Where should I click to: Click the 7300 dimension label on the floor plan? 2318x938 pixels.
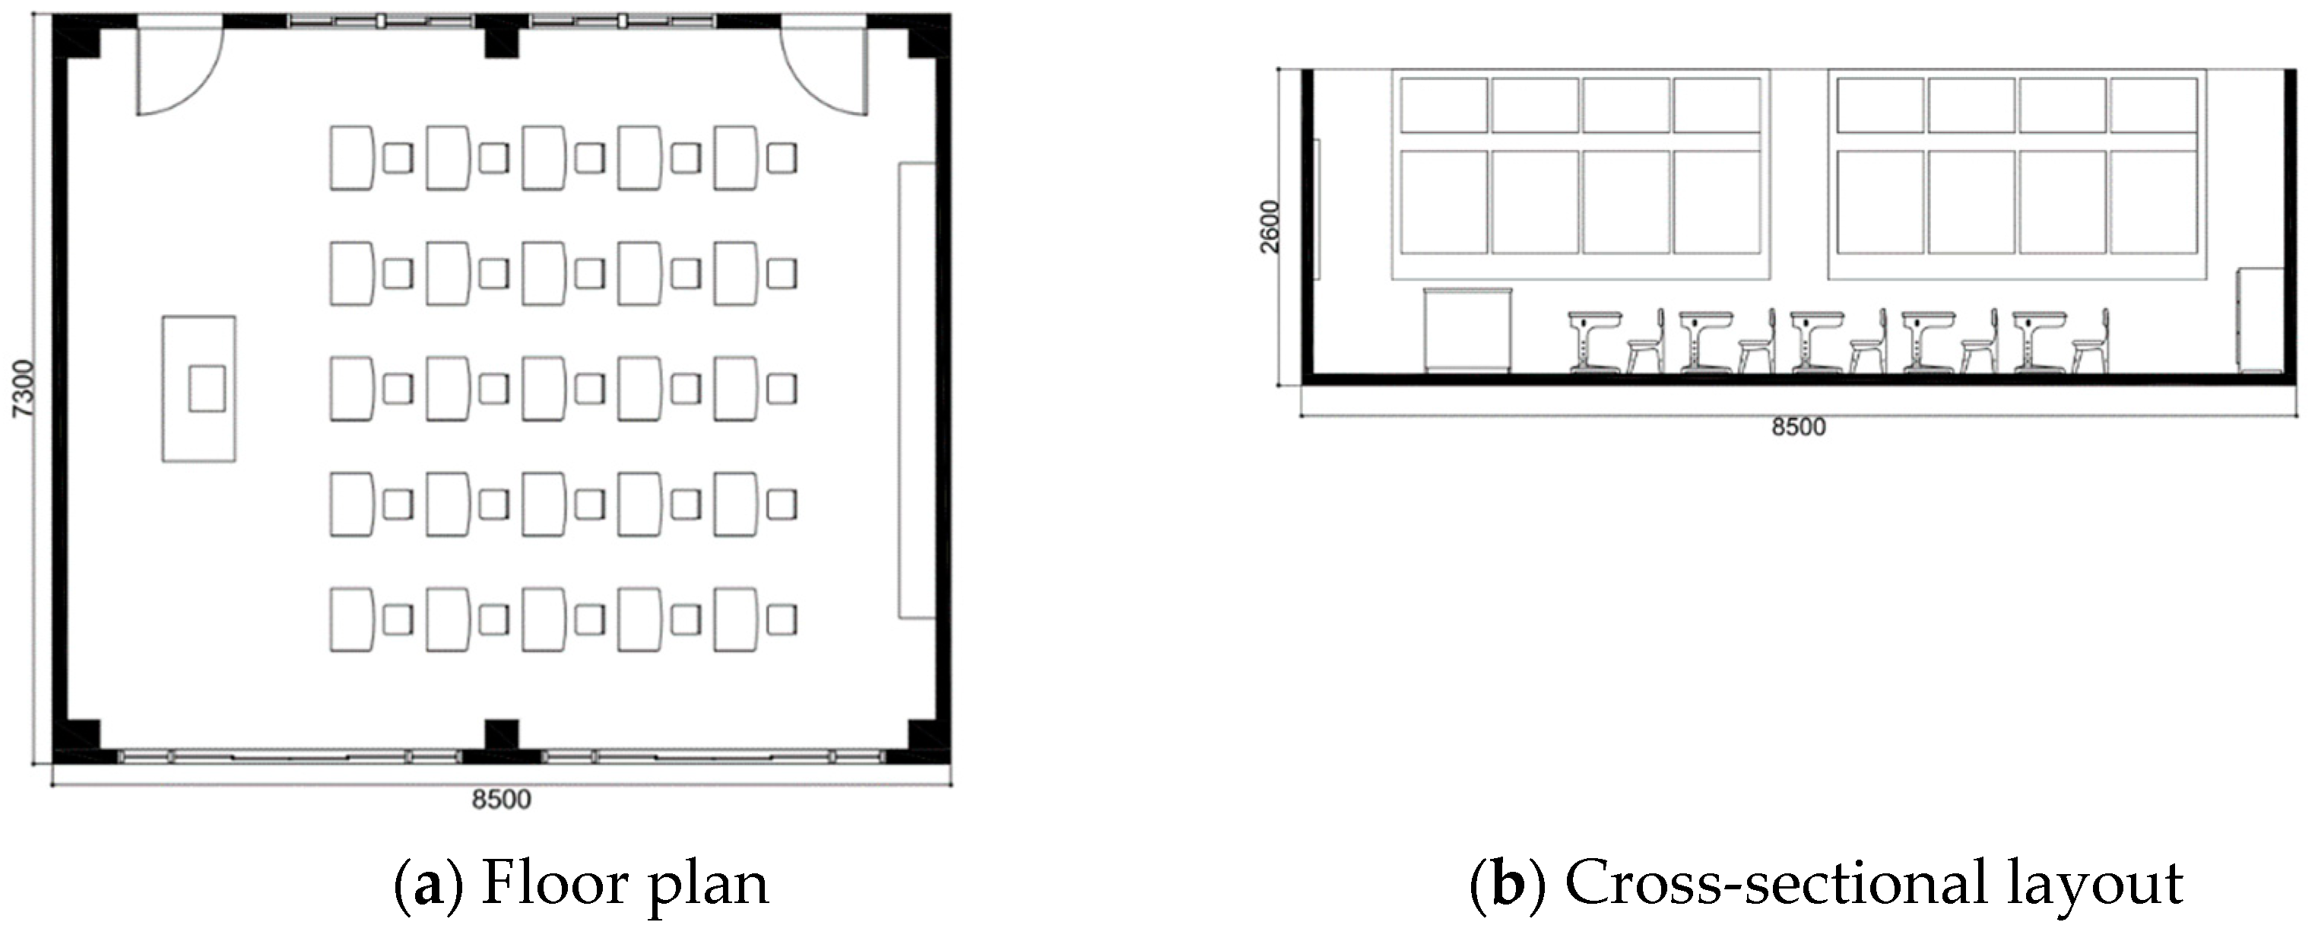tap(24, 388)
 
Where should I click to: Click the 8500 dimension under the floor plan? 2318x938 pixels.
tap(501, 800)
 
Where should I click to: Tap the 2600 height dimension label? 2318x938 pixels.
tap(1269, 227)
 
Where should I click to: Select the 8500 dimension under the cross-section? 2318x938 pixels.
tap(1799, 427)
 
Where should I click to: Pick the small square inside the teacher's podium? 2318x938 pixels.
tap(207, 389)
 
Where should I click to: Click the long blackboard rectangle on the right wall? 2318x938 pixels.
tap(917, 391)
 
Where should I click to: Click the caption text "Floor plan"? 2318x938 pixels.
tap(626, 884)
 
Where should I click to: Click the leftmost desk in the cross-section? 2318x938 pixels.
tap(1594, 342)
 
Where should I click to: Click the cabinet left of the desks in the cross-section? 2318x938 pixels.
tap(1467, 329)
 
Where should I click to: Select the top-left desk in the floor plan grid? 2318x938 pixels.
tap(352, 157)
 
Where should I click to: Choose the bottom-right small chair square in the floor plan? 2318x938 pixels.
tap(781, 620)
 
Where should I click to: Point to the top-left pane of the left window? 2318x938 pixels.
tap(1444, 105)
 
